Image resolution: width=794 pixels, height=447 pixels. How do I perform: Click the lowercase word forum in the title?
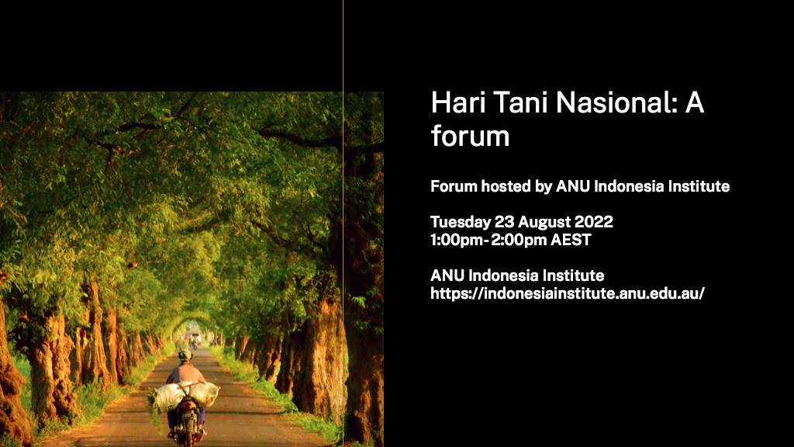(470, 136)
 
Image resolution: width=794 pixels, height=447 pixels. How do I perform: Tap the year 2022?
(593, 222)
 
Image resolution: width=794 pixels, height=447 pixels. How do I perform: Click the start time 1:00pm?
(456, 241)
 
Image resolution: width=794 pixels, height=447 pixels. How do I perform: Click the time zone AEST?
(571, 240)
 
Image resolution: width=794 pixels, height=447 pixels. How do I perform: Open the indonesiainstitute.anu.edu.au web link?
(567, 293)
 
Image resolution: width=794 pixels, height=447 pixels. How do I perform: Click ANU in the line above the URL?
(447, 275)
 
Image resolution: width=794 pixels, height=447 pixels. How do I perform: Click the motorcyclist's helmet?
(185, 355)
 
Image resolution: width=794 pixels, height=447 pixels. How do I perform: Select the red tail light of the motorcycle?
(188, 403)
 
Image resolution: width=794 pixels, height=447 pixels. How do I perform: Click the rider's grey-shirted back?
(186, 374)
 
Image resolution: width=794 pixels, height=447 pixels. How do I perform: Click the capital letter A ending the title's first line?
(694, 102)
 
